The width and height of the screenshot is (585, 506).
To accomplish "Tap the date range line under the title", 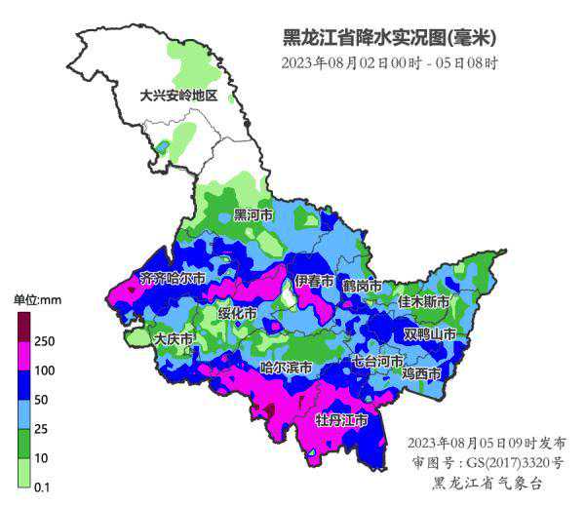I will point(390,63).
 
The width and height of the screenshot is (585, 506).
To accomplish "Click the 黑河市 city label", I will point(253,214).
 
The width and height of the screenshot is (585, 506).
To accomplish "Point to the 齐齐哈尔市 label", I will point(174,278).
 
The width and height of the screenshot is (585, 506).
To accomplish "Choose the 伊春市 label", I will point(315,281).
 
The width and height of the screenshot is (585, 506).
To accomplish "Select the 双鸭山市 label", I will point(430,333).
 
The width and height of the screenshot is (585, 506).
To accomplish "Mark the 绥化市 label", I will point(237,314).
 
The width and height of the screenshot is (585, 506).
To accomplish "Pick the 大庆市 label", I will point(175,339).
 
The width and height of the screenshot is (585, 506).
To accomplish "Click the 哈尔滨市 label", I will point(286,368).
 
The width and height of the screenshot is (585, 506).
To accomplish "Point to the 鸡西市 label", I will point(422,373).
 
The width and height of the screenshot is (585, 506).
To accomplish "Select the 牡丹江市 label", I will point(341,420).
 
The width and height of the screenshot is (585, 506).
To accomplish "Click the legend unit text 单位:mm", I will point(37,299).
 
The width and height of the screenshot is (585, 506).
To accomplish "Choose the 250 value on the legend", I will point(45,341).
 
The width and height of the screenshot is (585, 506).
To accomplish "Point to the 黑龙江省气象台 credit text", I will point(487,483).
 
